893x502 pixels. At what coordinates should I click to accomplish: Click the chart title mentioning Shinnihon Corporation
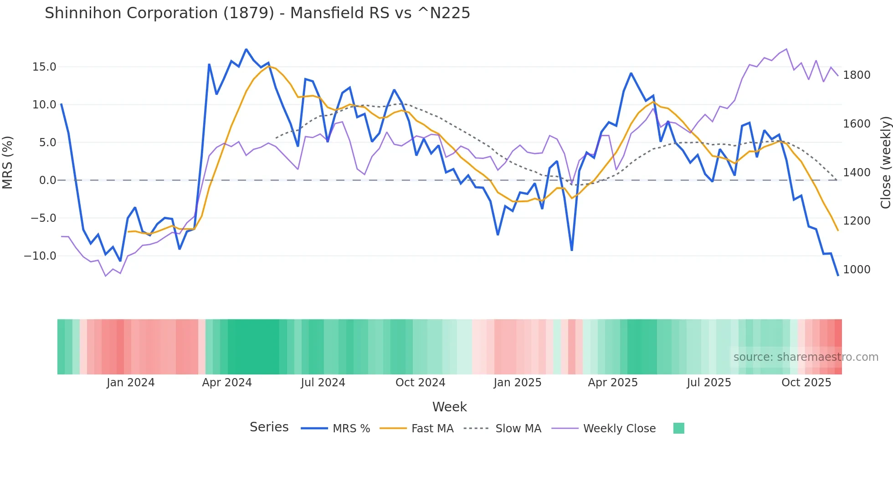tap(257, 13)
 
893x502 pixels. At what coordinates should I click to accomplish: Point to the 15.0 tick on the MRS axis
tap(44, 67)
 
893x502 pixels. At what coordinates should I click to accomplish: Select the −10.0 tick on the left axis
tap(40, 256)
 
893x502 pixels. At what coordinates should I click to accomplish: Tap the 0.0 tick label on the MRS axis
tap(47, 180)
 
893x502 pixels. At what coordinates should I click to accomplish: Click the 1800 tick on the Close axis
tap(857, 75)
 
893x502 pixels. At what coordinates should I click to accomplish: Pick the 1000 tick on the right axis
tap(857, 270)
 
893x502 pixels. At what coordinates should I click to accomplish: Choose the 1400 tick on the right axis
tap(857, 173)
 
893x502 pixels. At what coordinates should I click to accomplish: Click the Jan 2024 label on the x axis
tap(131, 383)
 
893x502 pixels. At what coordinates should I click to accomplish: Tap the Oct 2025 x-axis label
tap(806, 383)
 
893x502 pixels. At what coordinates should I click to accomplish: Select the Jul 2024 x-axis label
tap(323, 383)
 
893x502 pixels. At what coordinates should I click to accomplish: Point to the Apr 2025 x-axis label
tap(613, 383)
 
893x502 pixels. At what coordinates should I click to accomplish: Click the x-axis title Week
tap(449, 407)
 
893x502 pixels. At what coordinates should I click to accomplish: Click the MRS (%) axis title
tap(8, 163)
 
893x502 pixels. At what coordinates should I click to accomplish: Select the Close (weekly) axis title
tap(885, 163)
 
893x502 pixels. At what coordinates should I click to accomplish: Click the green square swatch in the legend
tap(678, 428)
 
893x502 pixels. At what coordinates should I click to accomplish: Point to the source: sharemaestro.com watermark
tap(806, 357)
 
